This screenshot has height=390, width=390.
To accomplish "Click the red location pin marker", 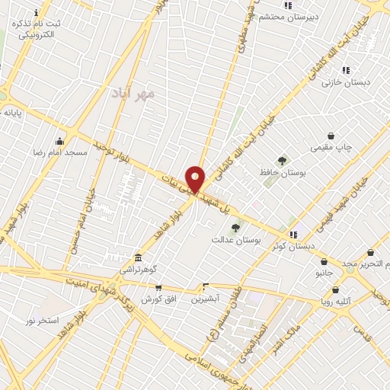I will click(x=196, y=179).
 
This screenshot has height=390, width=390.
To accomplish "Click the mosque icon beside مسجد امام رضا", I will click(x=60, y=141).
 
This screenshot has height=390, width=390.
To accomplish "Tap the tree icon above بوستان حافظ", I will click(x=283, y=161).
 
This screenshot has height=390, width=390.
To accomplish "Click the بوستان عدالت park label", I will click(x=236, y=240).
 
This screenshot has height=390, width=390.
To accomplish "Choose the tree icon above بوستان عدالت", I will click(x=235, y=228).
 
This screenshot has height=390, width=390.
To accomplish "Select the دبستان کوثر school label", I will click(x=293, y=246).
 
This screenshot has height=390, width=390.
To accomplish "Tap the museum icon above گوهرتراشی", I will click(x=138, y=257).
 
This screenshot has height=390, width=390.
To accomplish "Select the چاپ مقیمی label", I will click(x=329, y=148).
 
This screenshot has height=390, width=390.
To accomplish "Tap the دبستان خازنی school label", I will click(x=340, y=82).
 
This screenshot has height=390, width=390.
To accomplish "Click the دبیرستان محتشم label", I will click(x=287, y=16).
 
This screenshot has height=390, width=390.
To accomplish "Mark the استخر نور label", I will click(x=42, y=321).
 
